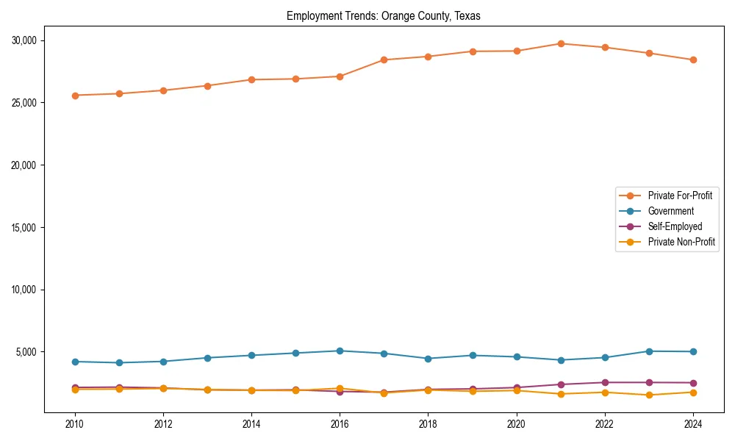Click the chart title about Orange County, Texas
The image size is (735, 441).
pos(383,16)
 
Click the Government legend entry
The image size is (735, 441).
pos(670,211)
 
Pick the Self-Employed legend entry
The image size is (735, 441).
pos(675,226)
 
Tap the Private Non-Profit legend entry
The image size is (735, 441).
pos(681,242)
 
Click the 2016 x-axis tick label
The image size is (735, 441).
pos(340,424)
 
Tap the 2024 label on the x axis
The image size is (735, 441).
pos(693,424)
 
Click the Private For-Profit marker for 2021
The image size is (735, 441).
pos(561,43)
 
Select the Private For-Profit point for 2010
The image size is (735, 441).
pos(75,96)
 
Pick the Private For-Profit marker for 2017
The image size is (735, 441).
pos(384,60)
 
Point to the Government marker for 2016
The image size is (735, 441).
pos(340,351)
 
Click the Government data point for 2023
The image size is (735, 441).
pos(649,351)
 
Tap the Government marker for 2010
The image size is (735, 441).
pos(75,362)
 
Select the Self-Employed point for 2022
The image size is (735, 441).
pos(605,382)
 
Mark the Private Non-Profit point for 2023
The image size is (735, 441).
pos(649,395)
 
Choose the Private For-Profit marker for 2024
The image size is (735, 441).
pos(693,60)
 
